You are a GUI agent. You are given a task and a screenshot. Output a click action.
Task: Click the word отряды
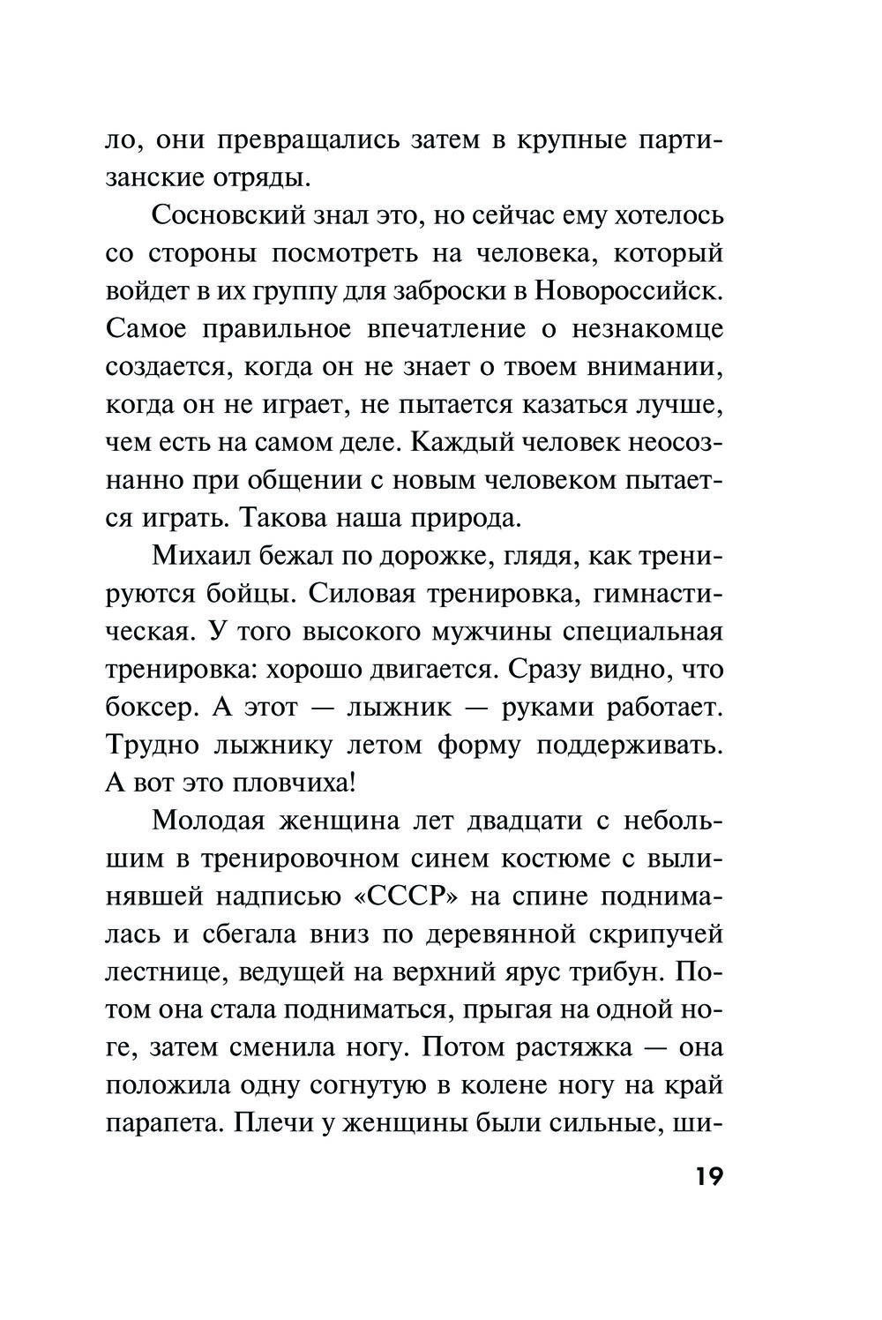(x=262, y=177)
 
